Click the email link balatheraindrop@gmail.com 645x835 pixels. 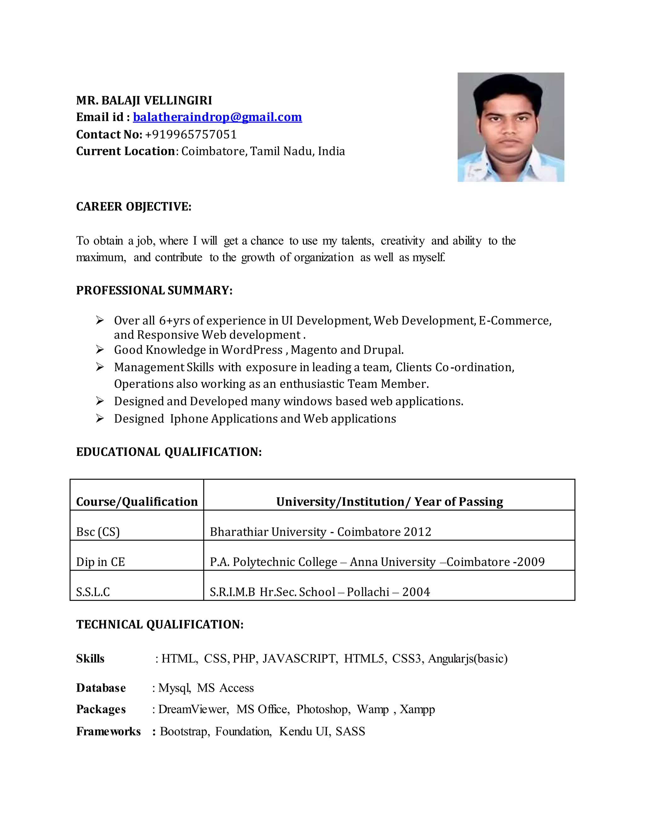[x=217, y=117]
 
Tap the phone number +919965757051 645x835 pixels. [x=191, y=135]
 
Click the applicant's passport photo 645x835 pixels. [x=511, y=127]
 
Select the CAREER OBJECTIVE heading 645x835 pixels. [x=134, y=206]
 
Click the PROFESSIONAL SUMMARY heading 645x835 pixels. [x=154, y=291]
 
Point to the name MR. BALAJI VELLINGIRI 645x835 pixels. [x=144, y=101]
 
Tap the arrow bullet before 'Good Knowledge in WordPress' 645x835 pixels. [x=100, y=350]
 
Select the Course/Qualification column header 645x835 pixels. [x=137, y=502]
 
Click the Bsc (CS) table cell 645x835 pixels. [x=98, y=532]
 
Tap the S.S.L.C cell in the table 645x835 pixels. [x=93, y=592]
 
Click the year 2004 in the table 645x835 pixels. [x=416, y=592]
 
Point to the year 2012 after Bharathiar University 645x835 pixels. [x=417, y=532]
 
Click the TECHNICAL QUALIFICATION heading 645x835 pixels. [x=160, y=624]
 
